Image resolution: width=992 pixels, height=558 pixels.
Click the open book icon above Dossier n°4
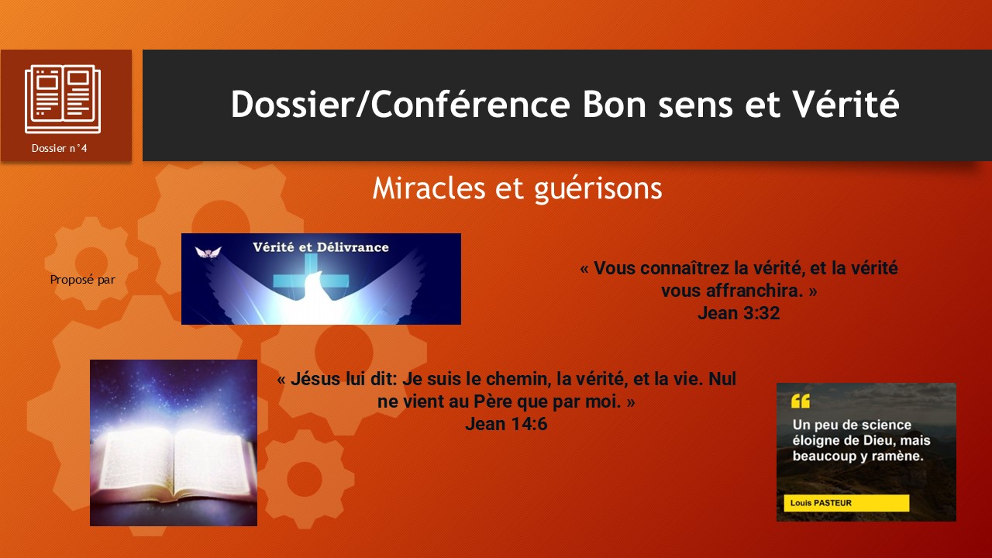[63, 99]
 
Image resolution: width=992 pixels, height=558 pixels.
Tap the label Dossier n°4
[60, 148]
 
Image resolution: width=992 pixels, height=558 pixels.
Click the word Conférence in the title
[470, 104]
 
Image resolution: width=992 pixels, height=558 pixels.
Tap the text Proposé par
[82, 280]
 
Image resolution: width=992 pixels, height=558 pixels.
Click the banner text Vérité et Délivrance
[321, 247]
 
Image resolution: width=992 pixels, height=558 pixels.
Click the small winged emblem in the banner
[208, 253]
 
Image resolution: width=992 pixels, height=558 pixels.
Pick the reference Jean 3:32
[739, 313]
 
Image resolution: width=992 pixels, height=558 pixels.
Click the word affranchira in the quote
[754, 291]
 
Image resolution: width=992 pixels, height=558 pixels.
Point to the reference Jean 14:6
[506, 424]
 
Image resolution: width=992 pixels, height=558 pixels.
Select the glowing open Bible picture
[174, 443]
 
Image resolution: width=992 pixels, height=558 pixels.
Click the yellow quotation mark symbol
[801, 401]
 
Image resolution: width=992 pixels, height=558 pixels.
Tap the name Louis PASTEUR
[821, 503]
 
